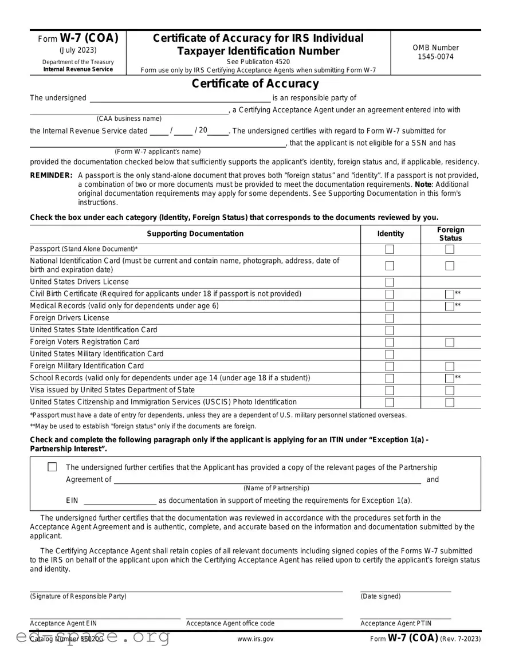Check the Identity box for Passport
point(390,249)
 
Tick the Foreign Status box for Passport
point(450,249)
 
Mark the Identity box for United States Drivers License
point(390,282)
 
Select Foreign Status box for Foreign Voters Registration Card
point(450,342)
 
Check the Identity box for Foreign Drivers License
point(390,318)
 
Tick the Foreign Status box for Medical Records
point(450,306)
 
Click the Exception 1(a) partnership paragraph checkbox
point(52,467)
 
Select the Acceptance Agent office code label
point(230,623)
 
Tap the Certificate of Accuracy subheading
point(255,84)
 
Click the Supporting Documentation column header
point(195,234)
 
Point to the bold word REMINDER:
point(52,176)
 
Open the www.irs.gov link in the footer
point(255,639)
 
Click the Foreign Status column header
point(450,234)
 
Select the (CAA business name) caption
point(129,119)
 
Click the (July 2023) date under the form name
point(78,50)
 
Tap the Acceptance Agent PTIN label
point(396,623)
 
